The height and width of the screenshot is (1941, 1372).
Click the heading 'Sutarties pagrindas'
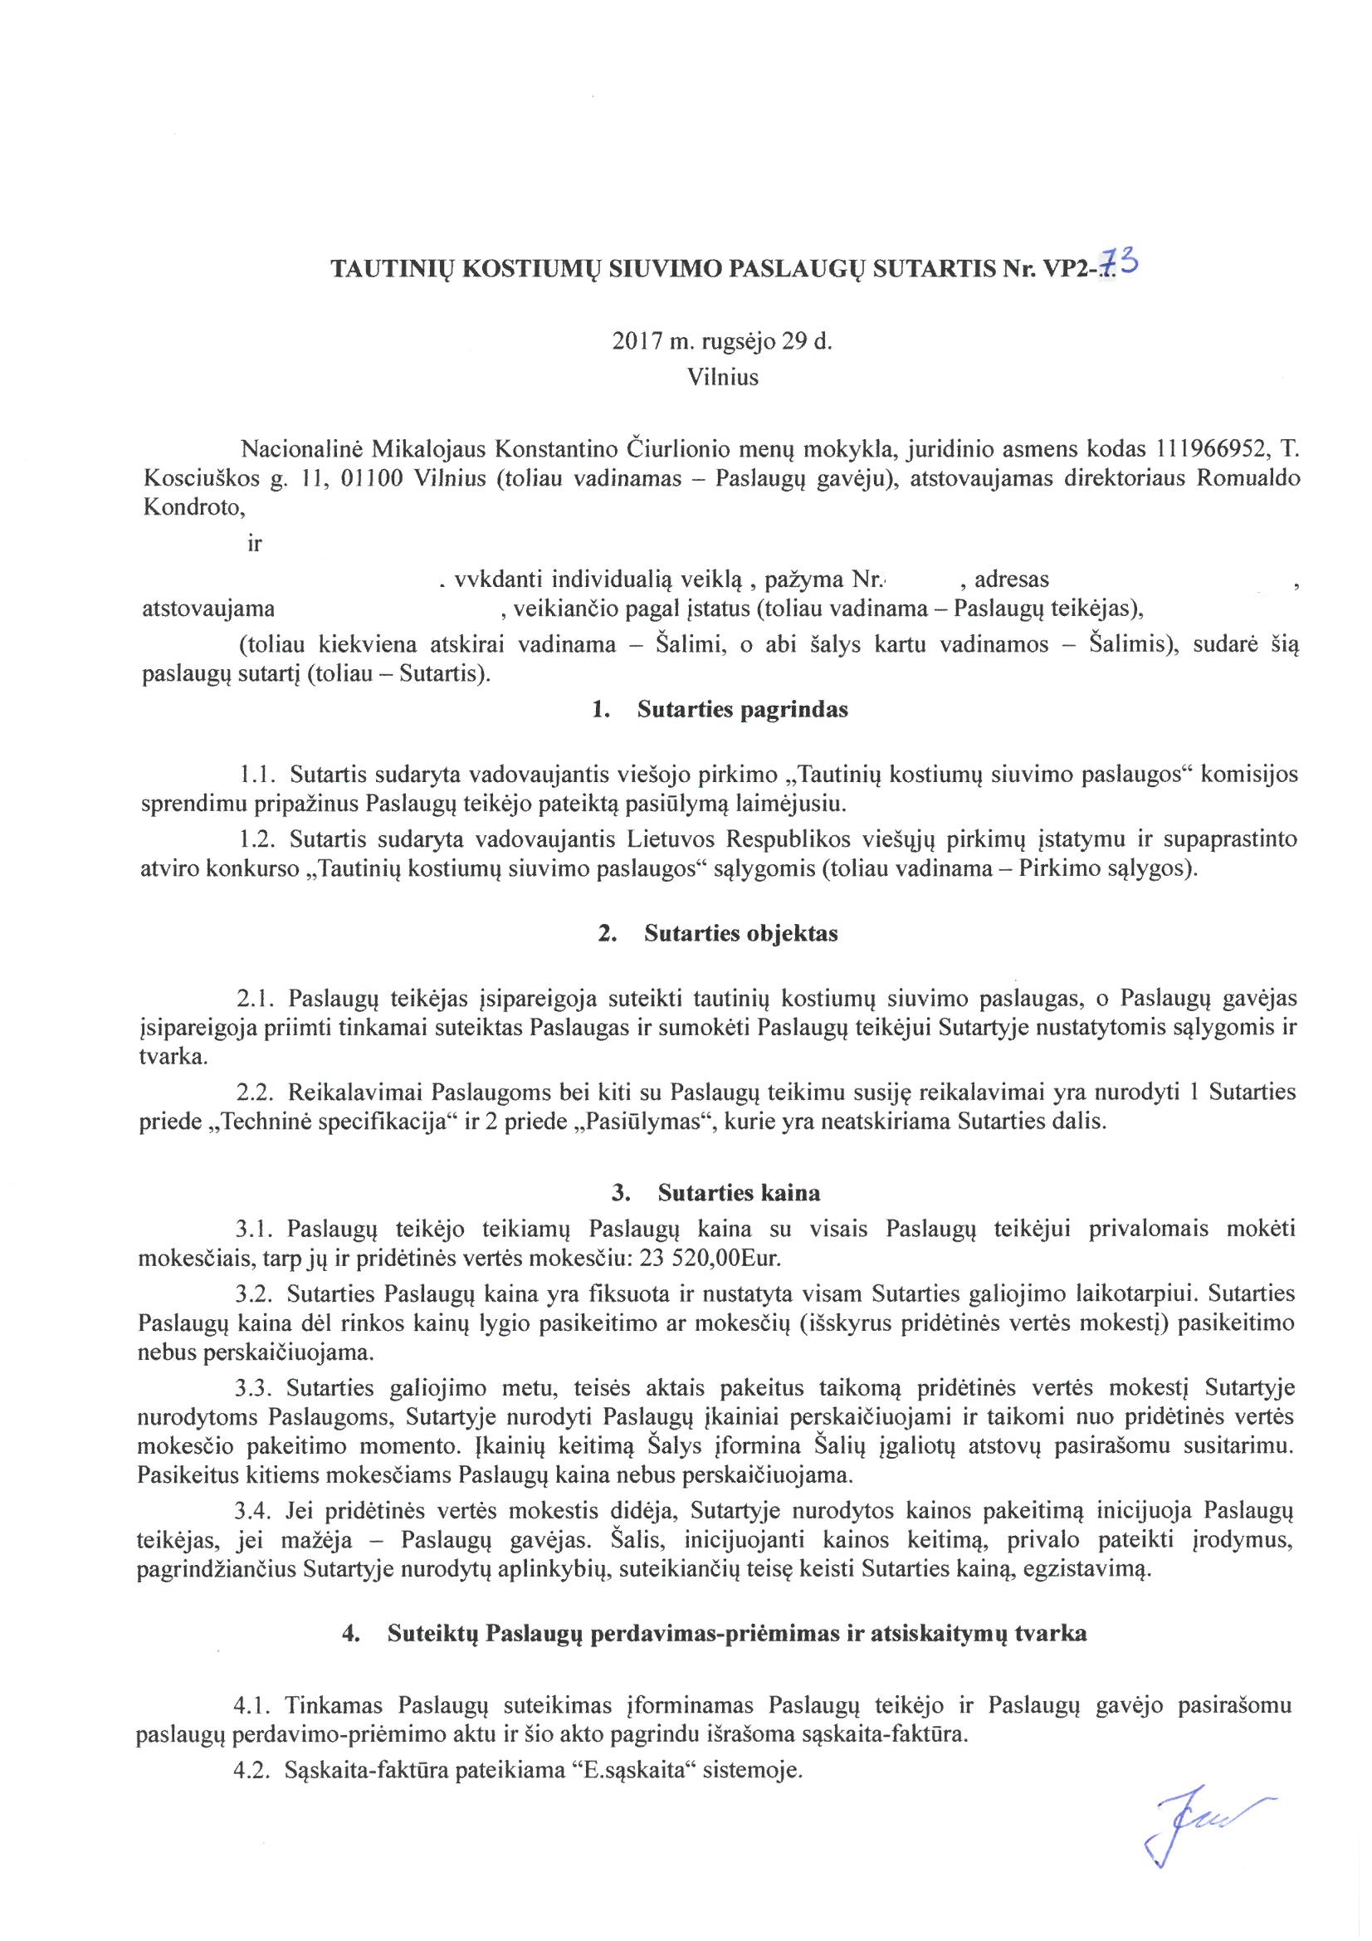tap(742, 709)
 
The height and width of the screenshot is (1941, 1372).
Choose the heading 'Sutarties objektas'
tap(740, 933)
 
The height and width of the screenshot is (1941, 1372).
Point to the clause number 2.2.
tap(254, 1092)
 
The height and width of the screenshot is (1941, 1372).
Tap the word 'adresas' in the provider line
tap(1011, 579)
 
